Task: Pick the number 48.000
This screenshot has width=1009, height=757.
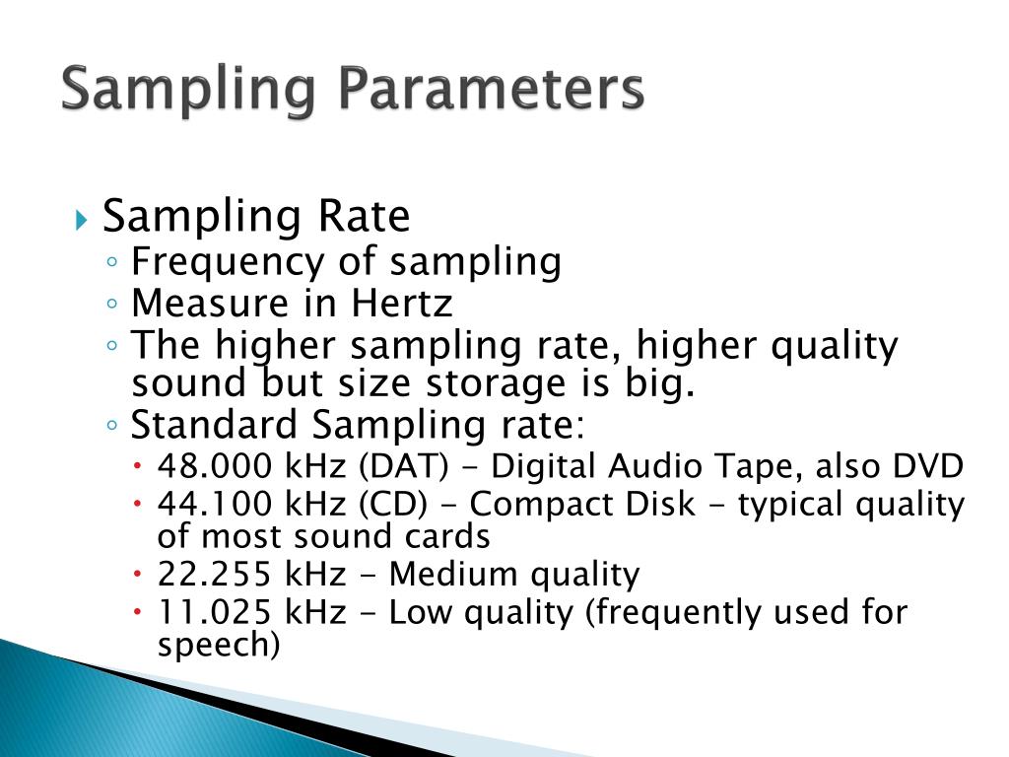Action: tap(214, 466)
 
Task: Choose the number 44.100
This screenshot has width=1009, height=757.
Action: tap(214, 505)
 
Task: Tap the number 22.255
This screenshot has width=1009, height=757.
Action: tap(214, 574)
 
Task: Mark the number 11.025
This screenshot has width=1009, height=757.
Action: tap(214, 612)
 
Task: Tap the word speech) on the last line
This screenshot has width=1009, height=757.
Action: tap(219, 647)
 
